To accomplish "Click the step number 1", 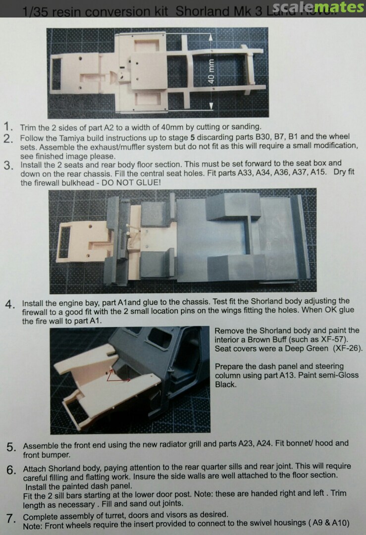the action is click(x=8, y=127).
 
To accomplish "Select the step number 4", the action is click(x=10, y=304).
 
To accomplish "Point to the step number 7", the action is click(x=11, y=519).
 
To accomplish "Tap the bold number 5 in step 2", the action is click(x=193, y=138).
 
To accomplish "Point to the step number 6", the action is click(x=11, y=470).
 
